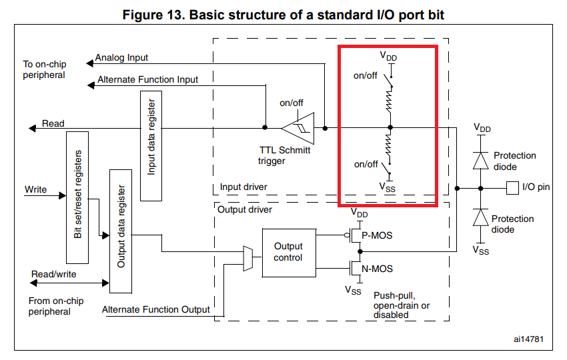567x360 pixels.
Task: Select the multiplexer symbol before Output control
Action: point(247,259)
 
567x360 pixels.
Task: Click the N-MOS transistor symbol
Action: point(356,268)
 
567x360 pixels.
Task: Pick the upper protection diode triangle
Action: point(480,161)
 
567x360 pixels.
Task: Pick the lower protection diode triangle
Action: point(480,217)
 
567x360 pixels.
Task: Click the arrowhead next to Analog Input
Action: point(90,63)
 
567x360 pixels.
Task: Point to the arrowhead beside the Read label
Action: point(33,128)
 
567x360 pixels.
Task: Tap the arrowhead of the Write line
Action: point(63,195)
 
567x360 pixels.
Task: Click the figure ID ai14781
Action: point(528,339)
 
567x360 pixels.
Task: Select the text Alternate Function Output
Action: point(156,309)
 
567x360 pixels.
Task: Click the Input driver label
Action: point(243,187)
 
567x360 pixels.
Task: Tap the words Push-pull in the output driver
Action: point(394,295)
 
